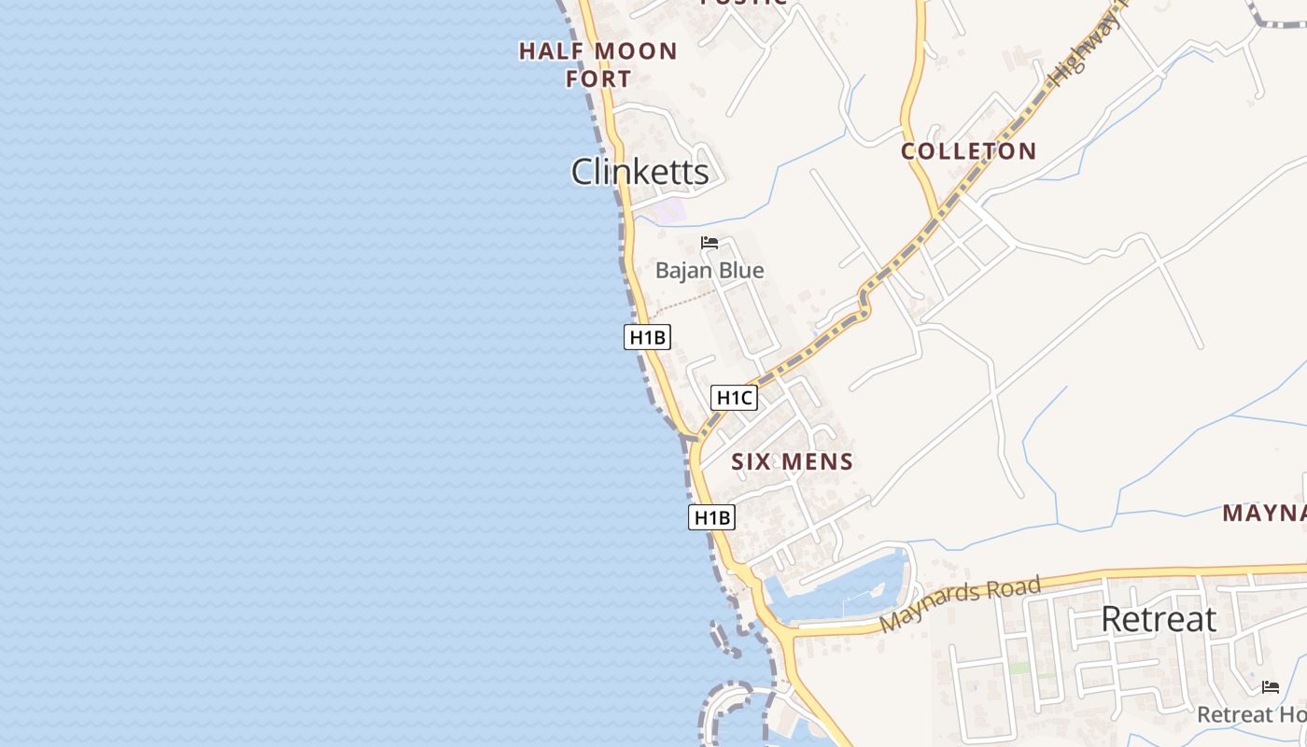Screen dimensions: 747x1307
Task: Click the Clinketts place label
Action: coord(639,172)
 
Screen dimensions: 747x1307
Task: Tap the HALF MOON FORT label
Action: coord(597,64)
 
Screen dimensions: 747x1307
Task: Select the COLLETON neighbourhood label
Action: coord(968,151)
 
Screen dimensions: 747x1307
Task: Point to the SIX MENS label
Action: coord(792,461)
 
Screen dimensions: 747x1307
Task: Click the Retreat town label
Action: coord(1159,619)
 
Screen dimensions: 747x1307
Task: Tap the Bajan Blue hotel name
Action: coord(710,271)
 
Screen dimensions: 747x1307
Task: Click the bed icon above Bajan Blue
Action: coord(710,244)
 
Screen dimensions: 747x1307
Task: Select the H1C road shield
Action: coord(734,398)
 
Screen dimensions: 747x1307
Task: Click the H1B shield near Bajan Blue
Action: coord(647,337)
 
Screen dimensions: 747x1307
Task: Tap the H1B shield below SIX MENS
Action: coord(711,517)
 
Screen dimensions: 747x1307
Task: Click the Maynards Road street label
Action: coord(960,605)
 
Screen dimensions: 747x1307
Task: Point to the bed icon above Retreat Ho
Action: coord(1270,687)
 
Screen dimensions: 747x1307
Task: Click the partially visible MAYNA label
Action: coord(1265,513)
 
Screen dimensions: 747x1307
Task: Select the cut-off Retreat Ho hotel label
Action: coord(1252,714)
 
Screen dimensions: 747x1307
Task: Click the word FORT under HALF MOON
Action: coord(598,78)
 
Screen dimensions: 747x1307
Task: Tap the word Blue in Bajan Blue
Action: coord(739,271)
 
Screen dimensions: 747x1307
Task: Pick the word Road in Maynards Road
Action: coord(1013,592)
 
